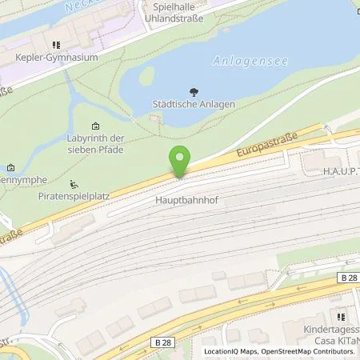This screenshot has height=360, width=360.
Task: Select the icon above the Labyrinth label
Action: click(96, 126)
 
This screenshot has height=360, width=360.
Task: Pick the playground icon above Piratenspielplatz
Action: click(74, 182)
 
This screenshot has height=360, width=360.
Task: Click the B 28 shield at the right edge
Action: click(350, 277)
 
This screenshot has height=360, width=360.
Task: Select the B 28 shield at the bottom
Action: click(163, 342)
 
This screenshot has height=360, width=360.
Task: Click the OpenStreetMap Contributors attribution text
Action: click(312, 351)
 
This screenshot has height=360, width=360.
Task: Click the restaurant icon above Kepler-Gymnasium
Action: click(56, 45)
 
